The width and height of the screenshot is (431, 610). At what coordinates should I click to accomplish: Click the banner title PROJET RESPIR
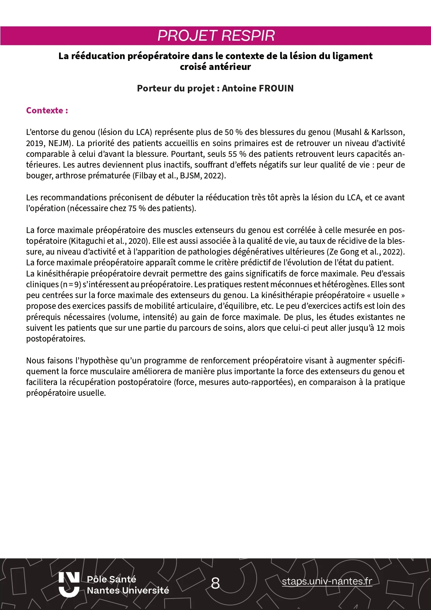[216, 36]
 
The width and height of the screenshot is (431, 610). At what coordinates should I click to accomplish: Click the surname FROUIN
[275, 88]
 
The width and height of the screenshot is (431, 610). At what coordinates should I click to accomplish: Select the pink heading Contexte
[47, 111]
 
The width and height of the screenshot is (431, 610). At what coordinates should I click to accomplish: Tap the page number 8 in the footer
[215, 583]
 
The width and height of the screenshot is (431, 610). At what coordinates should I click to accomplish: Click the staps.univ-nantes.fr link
[327, 581]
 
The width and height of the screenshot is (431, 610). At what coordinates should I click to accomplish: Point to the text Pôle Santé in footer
[111, 579]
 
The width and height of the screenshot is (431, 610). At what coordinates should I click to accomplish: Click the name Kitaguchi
[87, 241]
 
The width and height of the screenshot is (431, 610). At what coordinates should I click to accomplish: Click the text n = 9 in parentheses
[71, 284]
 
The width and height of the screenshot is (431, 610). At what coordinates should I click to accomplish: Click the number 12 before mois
[381, 328]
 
